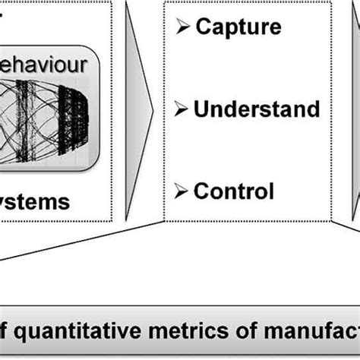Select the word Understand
[256, 109]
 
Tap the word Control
[234, 191]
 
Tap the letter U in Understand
[201, 109]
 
